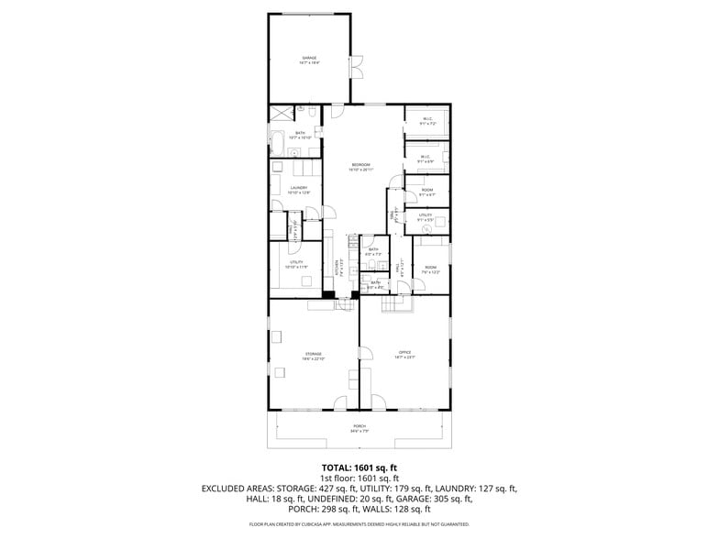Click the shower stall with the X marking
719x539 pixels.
(x=279, y=114)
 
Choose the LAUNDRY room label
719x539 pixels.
(x=299, y=190)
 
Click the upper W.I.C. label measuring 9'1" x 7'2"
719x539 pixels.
(x=427, y=120)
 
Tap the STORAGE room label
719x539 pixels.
(x=314, y=355)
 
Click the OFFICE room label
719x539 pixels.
(x=404, y=355)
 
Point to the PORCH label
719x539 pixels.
(x=359, y=428)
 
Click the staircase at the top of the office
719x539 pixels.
(x=394, y=303)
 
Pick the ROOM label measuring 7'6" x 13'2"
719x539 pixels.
(x=430, y=269)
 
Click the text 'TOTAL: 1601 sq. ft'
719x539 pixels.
(x=359, y=467)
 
